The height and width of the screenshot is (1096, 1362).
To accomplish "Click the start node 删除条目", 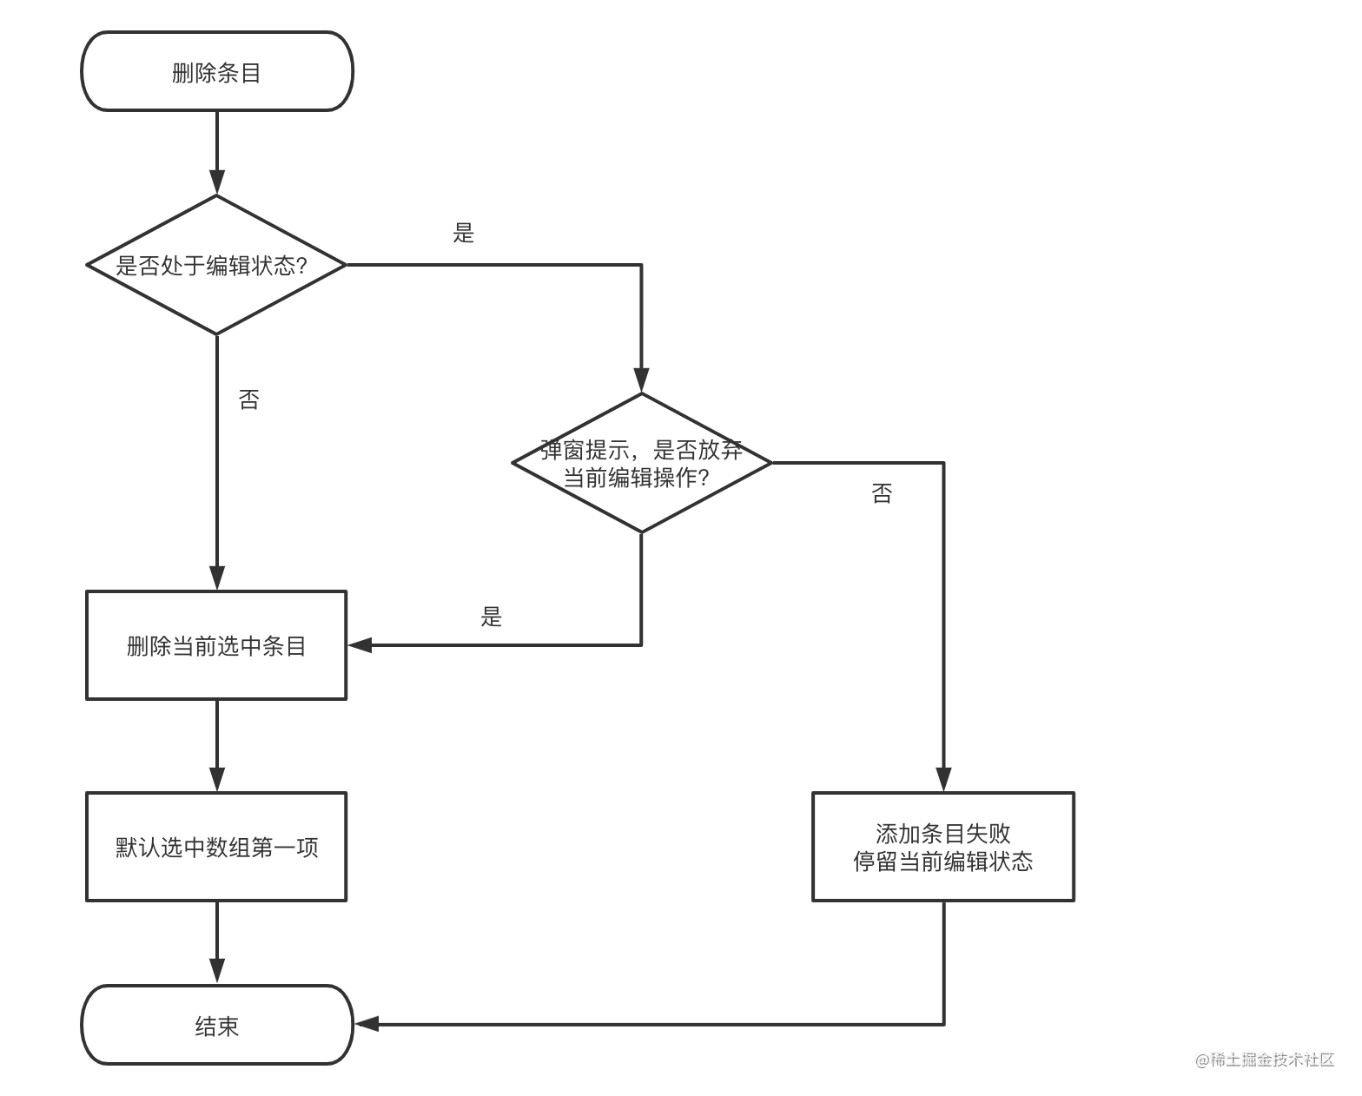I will pyautogui.click(x=217, y=72).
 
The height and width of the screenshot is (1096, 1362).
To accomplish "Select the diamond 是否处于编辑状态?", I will pyautogui.click(x=217, y=265).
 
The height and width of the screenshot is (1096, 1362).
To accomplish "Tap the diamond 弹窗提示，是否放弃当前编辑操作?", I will pyautogui.click(x=641, y=463).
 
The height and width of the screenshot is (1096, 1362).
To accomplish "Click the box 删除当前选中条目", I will pyautogui.click(x=217, y=645).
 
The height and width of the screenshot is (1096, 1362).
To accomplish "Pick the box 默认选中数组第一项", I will pyautogui.click(x=217, y=847).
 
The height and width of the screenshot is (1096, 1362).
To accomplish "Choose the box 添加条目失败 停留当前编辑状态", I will pyautogui.click(x=943, y=847).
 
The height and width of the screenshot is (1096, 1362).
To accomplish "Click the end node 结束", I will pyautogui.click(x=217, y=1026).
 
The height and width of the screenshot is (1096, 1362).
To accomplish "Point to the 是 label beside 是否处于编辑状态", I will pyautogui.click(x=464, y=233).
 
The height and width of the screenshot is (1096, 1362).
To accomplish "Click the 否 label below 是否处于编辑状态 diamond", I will pyautogui.click(x=249, y=399).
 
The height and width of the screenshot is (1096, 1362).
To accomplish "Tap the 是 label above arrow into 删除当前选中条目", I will pyautogui.click(x=492, y=617).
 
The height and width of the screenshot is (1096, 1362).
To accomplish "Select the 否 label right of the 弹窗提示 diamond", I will pyautogui.click(x=882, y=493).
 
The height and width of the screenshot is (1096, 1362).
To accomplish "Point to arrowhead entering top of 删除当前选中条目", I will pyautogui.click(x=217, y=578).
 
